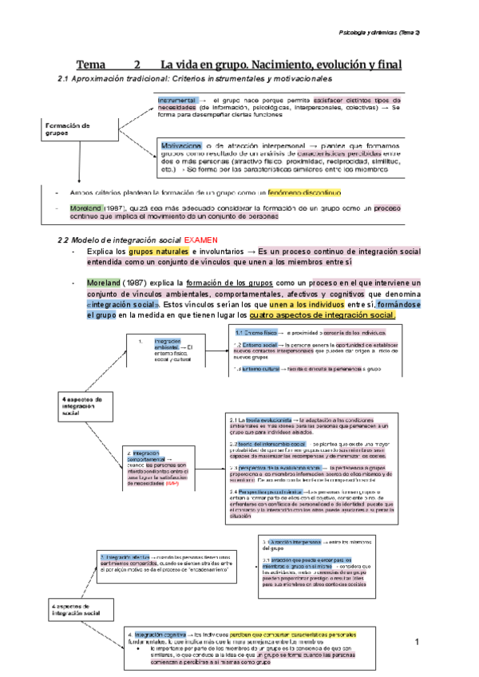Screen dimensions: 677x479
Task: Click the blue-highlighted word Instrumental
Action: [177, 99]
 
